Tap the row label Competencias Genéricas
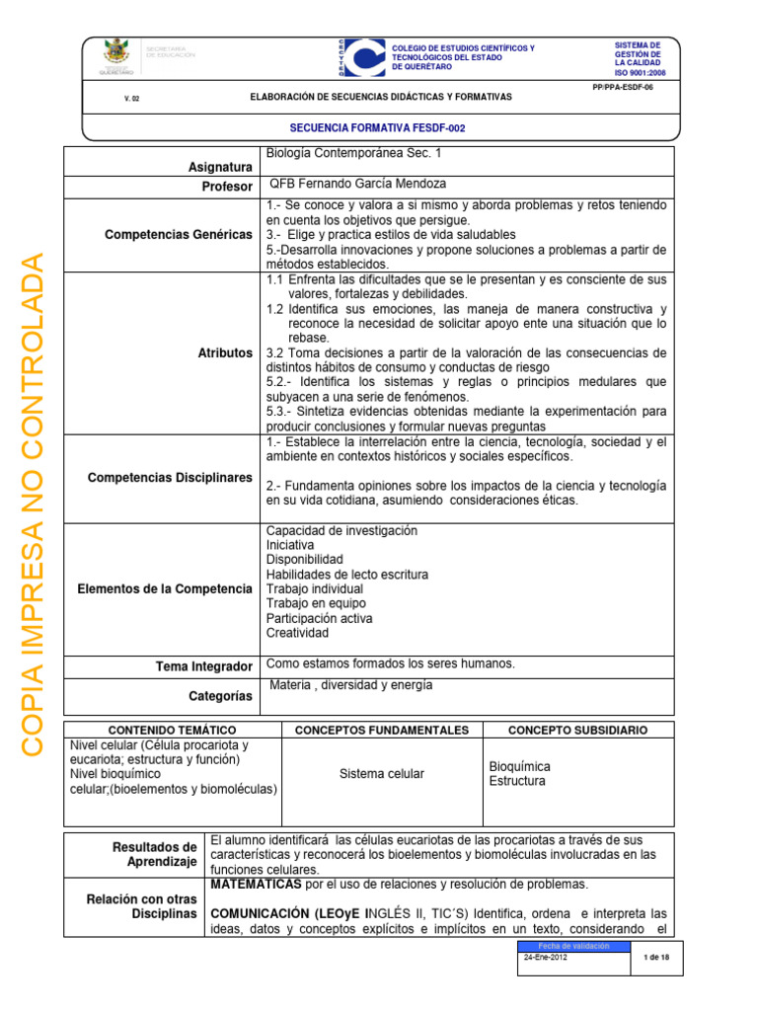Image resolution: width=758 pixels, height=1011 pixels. coord(179,234)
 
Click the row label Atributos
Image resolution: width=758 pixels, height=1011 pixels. coord(225,352)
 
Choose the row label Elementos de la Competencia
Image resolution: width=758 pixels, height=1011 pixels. coord(165,589)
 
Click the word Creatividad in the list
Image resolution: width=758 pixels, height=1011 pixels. coord(297,633)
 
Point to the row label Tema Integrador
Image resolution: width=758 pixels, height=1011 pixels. coord(205,667)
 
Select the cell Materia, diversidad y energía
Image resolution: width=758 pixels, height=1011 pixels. coord(350,685)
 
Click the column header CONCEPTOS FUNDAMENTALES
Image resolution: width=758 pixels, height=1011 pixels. coord(382,730)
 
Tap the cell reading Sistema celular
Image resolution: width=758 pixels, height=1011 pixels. coord(382,774)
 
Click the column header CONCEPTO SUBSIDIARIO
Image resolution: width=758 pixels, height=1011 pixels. coord(577,730)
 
